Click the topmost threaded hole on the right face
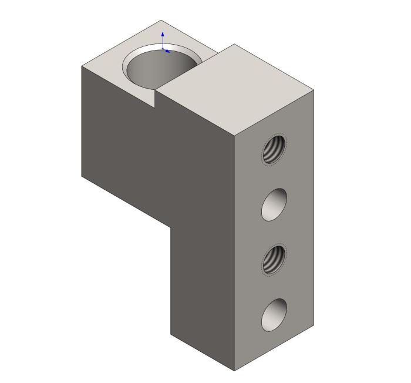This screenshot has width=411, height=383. point(274,149)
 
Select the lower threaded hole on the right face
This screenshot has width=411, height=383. point(274,259)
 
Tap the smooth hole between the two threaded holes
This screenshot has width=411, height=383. point(274,204)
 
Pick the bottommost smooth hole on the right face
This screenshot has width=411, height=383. point(274,314)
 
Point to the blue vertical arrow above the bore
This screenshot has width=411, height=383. point(163,38)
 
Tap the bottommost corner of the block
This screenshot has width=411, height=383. point(235,371)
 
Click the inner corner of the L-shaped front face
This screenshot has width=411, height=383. point(171,227)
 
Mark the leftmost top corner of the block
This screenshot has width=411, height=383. point(81,66)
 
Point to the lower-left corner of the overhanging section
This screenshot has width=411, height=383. point(82,175)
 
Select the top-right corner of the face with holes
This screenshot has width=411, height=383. point(314,91)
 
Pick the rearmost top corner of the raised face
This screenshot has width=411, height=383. point(234,44)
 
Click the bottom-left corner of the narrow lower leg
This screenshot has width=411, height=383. point(171,335)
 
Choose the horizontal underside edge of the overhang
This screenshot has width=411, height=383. point(126,201)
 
